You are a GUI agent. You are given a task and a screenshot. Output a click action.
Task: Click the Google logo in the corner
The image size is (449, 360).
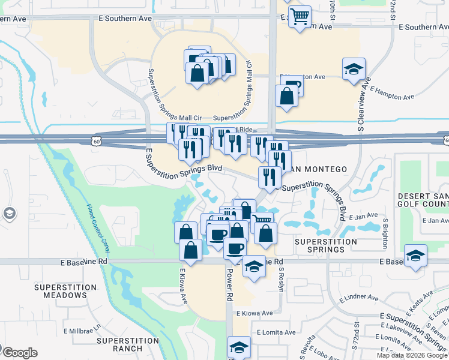[x=19, y=353]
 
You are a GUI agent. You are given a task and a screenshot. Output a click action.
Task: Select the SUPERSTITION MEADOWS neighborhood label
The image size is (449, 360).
[x=65, y=292]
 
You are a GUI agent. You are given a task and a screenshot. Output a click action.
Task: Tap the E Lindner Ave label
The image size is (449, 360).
[x=358, y=298]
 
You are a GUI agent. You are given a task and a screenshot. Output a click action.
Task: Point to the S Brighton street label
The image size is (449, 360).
[x=385, y=232]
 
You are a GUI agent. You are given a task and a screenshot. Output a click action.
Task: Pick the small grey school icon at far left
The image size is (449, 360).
[x=9, y=213]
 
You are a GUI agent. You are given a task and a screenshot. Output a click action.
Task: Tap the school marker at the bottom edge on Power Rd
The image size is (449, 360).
[x=239, y=347]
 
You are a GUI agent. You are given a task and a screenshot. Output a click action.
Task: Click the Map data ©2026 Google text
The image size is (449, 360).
[x=412, y=355]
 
